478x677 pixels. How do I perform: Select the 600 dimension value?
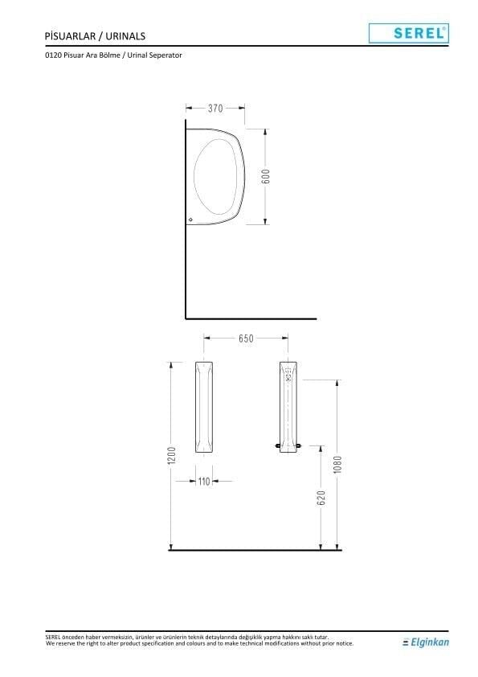click(x=266, y=176)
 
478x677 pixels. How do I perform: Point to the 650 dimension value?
click(x=246, y=338)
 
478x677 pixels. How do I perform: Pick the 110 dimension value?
click(x=205, y=481)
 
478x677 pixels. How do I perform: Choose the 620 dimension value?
click(x=321, y=498)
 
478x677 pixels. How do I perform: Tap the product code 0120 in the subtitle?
click(x=55, y=55)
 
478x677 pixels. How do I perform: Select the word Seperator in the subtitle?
click(x=166, y=55)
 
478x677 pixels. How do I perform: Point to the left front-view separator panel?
click(x=205, y=408)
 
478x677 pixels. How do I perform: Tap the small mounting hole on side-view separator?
click(x=190, y=219)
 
